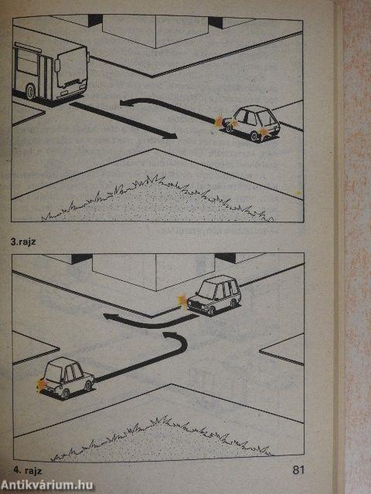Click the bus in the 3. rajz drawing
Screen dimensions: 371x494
point(49,73)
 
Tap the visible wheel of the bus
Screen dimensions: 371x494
point(31,91)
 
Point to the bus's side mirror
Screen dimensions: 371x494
point(57,66)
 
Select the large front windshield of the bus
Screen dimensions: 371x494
point(72,69)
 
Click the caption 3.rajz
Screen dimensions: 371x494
point(23,242)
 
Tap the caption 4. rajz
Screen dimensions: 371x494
point(28,471)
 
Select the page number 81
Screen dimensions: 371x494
point(298,470)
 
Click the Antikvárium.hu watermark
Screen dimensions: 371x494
point(47,486)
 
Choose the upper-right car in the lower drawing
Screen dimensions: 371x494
point(214,295)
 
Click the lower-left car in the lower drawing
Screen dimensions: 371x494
point(66,377)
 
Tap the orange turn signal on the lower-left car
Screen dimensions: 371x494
point(41,384)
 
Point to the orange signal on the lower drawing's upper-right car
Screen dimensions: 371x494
point(182,299)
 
